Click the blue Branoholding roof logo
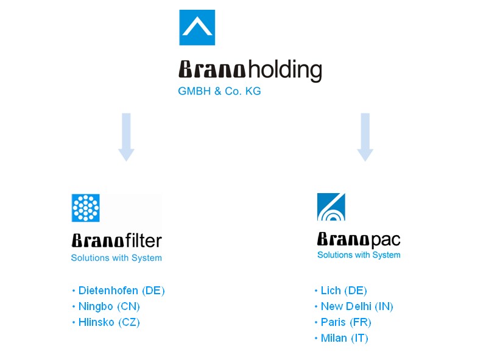[197, 27]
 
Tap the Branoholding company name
[250, 70]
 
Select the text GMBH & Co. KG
[219, 91]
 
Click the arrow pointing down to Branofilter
[126, 137]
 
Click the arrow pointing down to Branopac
[365, 137]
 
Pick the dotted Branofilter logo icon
[85, 208]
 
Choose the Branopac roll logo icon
[331, 206]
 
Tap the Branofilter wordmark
[117, 241]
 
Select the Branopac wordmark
[359, 239]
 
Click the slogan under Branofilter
[116, 258]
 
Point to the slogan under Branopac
[359, 255]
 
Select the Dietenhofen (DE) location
[121, 291]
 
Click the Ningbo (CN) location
[109, 306]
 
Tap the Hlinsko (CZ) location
[109, 322]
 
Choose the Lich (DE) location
[343, 291]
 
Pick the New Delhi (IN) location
[357, 306]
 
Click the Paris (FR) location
[346, 322]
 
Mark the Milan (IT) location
[344, 338]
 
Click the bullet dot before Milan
[316, 338]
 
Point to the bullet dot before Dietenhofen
[74, 291]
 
